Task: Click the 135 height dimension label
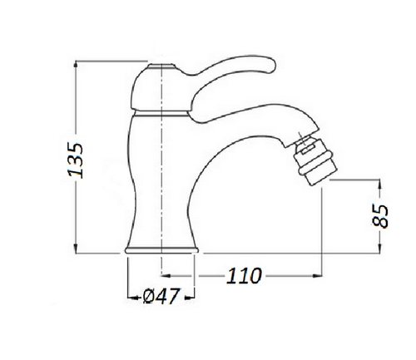[x=76, y=160]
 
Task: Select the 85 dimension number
[x=380, y=216]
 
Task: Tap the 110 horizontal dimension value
[x=244, y=276]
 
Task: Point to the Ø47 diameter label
[x=161, y=296]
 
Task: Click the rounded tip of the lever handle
[x=271, y=66]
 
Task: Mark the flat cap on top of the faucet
[x=161, y=67]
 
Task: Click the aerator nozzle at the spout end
[x=315, y=161]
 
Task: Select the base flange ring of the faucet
[x=161, y=250]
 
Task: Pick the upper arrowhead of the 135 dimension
[x=76, y=66]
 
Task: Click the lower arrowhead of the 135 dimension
[x=76, y=249]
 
